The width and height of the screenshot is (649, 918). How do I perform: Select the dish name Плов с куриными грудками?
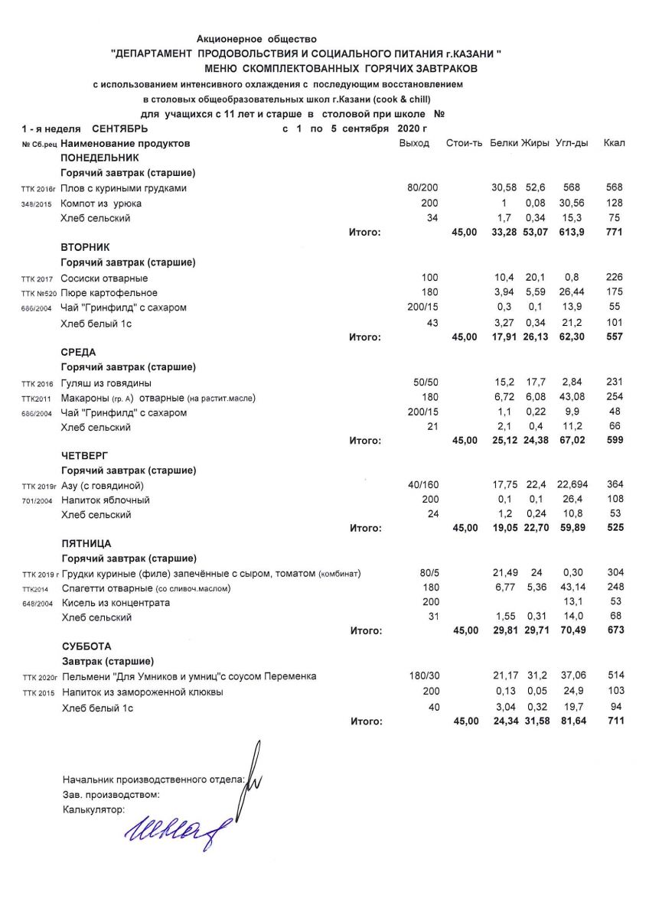tap(123, 188)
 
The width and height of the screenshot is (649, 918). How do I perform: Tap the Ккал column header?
tap(614, 143)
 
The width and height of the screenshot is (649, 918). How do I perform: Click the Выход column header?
tap(414, 143)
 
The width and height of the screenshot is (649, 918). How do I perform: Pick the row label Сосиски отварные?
tap(104, 278)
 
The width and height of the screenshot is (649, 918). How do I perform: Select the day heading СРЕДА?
tap(78, 352)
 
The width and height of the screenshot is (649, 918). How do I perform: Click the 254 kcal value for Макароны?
tap(615, 397)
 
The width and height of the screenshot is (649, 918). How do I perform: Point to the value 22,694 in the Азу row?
tap(572, 485)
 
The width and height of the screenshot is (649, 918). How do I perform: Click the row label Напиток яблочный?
tap(105, 500)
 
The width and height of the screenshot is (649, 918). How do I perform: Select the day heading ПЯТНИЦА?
tap(86, 543)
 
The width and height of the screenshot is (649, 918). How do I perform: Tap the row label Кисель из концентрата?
tap(115, 603)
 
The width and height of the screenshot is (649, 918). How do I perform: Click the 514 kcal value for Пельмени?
tap(615, 676)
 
